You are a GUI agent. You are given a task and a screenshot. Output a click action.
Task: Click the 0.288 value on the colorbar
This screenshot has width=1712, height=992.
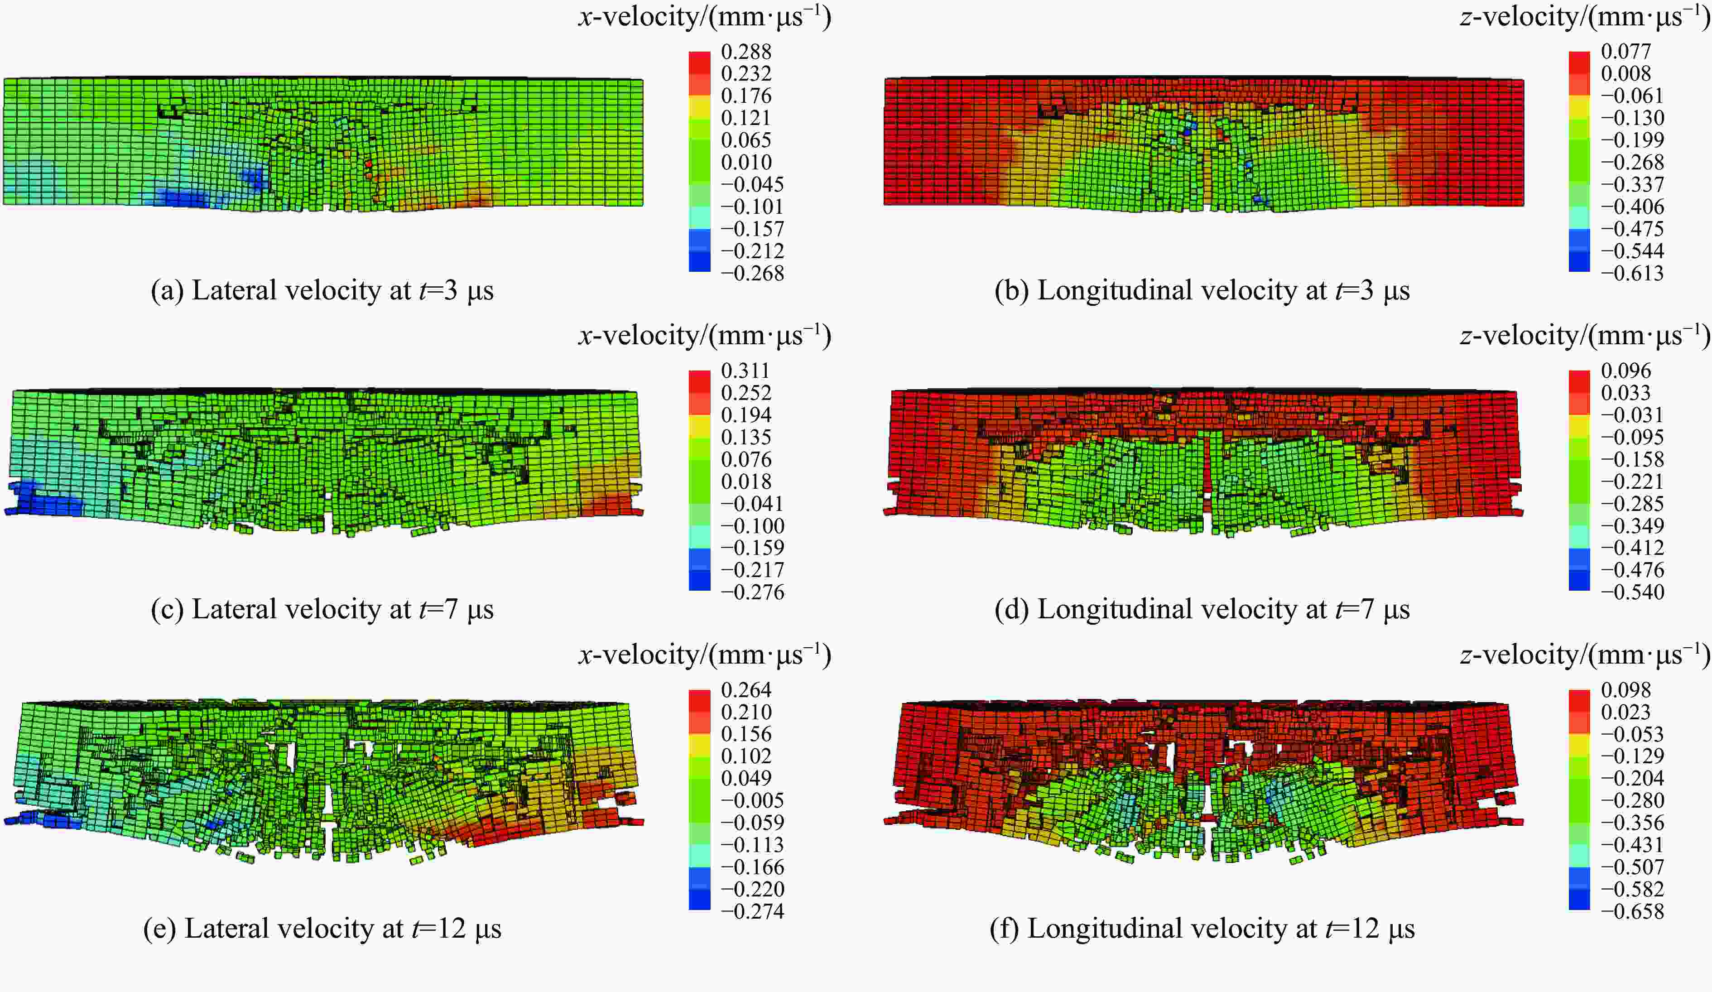coord(746,52)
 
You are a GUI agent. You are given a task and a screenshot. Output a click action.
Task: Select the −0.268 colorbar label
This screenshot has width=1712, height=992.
coord(752,273)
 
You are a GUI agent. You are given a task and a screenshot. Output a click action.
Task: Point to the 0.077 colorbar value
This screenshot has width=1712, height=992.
coord(1626,52)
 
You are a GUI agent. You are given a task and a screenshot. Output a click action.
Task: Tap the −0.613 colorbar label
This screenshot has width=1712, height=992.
coord(1632,273)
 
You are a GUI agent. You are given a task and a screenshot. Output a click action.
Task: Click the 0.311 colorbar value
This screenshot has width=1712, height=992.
coord(746,371)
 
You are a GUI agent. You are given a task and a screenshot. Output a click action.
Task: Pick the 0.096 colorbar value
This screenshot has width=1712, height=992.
coord(1626,371)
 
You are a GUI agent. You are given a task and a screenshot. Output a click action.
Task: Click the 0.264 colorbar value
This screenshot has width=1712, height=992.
coord(746,690)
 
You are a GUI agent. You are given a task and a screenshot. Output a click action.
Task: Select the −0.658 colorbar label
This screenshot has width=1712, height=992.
coord(1632,912)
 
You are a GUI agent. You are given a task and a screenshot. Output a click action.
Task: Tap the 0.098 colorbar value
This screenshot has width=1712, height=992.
coord(1626,690)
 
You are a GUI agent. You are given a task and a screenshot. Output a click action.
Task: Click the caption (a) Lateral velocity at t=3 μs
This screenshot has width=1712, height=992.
coord(322,291)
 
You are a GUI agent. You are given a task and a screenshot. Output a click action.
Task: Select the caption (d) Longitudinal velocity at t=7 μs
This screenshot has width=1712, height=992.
coord(1202,610)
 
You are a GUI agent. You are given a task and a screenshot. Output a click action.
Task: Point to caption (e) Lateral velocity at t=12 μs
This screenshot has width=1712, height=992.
coord(322,929)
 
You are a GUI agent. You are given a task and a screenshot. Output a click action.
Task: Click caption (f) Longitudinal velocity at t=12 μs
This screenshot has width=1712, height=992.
coord(1202,929)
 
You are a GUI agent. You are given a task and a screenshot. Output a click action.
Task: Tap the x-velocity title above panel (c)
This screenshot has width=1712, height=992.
coord(705,336)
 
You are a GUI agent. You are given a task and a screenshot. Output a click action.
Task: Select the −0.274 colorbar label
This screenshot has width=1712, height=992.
coord(752,912)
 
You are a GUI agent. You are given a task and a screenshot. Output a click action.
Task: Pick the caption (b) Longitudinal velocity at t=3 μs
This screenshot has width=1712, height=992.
coord(1202,291)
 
